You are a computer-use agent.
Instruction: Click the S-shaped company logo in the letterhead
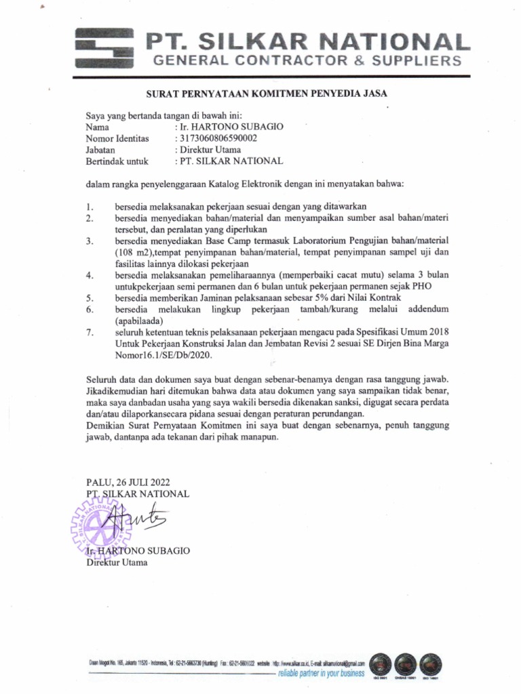[104, 49]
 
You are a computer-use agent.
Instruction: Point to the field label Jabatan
[100, 150]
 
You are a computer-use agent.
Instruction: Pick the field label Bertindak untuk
[117, 161]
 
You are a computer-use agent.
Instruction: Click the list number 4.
[90, 275]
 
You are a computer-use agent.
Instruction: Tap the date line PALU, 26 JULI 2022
[128, 482]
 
